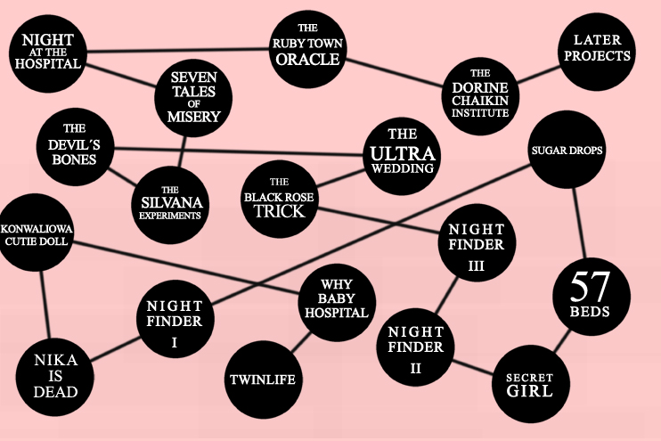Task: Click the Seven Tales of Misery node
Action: [193, 99]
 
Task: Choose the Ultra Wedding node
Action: [402, 151]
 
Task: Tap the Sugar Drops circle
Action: [567, 151]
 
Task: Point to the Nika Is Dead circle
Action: [56, 375]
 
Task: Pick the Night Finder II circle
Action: [415, 347]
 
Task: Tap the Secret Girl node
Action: [529, 384]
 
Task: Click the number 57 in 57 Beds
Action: [589, 288]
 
